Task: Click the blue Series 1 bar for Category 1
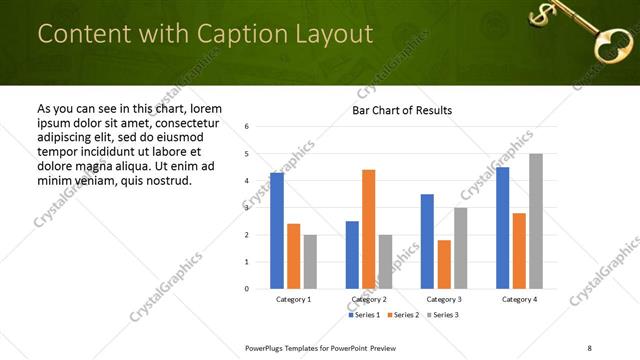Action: click(x=277, y=231)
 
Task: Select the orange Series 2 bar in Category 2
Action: click(x=368, y=229)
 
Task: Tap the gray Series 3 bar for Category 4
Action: click(x=536, y=221)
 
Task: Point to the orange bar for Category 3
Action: click(x=444, y=264)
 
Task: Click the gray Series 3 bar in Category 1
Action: click(x=310, y=262)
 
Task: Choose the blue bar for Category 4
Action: click(x=503, y=228)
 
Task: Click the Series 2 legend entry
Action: click(x=404, y=315)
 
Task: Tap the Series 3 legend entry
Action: click(x=443, y=315)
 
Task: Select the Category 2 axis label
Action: click(x=368, y=299)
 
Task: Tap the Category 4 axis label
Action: click(x=519, y=299)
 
